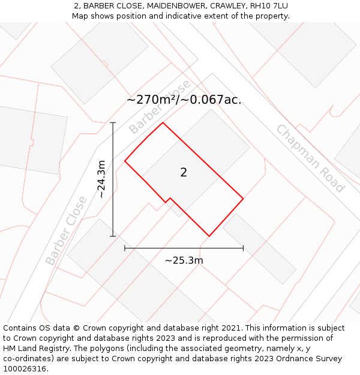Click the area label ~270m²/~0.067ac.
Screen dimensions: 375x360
(184, 100)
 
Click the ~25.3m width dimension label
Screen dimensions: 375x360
(184, 260)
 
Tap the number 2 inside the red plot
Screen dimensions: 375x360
(184, 173)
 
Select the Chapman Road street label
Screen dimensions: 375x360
(310, 158)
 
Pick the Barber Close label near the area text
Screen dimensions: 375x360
(159, 107)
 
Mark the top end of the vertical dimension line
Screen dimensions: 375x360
(113, 122)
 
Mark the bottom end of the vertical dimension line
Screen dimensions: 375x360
(113, 236)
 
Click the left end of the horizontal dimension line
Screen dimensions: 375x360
(125, 248)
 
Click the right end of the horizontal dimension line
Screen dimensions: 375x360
(243, 248)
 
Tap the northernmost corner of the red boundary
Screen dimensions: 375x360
(163, 123)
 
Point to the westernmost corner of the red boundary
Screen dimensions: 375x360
(125, 161)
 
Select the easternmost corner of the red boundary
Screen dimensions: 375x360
(243, 198)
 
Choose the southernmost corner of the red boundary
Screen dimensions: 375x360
(209, 236)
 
